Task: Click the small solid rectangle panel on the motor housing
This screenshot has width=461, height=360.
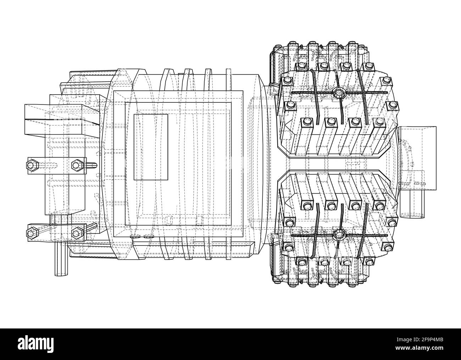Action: pyautogui.click(x=150, y=147)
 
